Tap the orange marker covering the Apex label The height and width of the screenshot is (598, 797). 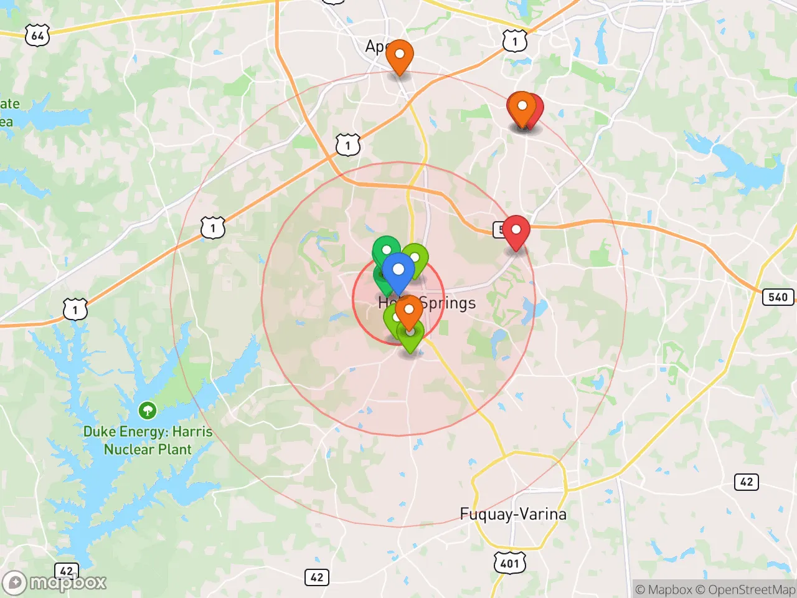coord(399,55)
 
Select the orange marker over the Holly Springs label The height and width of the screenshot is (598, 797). coord(408,310)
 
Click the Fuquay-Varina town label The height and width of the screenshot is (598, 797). coord(513,514)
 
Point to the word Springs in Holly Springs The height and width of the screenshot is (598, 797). coord(448,303)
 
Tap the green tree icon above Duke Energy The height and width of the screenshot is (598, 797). coord(148,410)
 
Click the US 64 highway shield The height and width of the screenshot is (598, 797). coord(37,36)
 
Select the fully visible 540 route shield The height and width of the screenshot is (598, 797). coord(778,297)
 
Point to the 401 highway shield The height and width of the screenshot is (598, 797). coord(509,563)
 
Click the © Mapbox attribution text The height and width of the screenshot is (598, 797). coord(664,589)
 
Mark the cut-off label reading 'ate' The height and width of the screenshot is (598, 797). coord(10,103)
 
